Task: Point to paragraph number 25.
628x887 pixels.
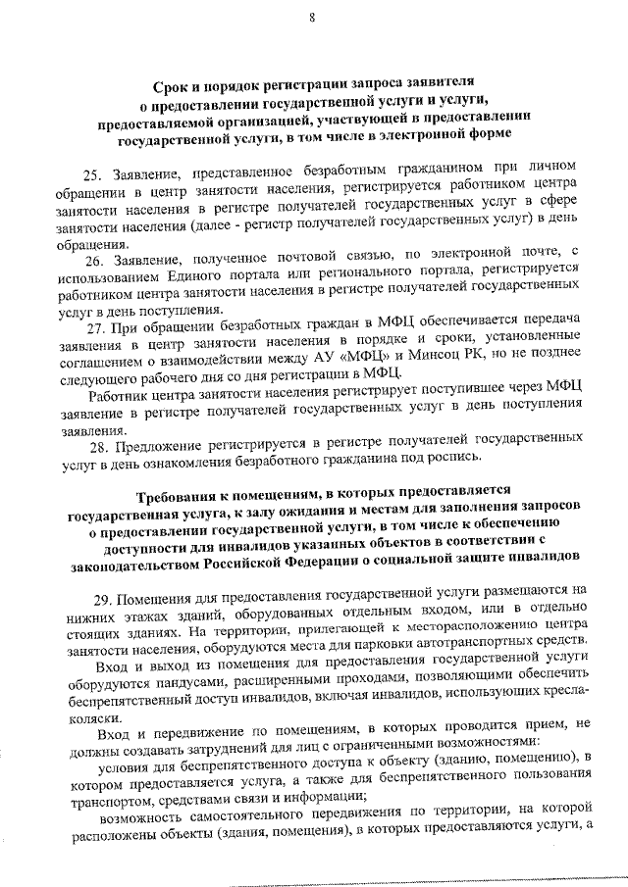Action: click(x=91, y=175)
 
